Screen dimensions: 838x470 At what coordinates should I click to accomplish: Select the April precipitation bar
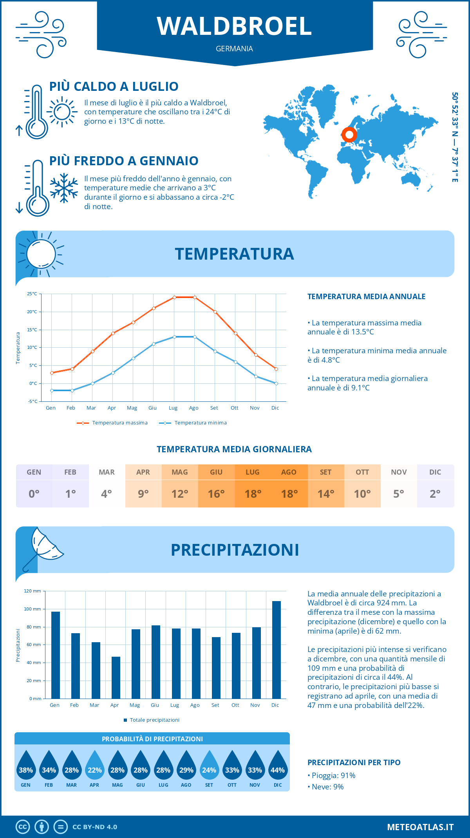[116, 678]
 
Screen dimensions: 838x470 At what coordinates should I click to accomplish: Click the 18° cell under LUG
[253, 494]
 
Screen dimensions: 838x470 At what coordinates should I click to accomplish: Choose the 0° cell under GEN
[34, 494]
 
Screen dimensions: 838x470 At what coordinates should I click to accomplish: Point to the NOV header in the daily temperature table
[399, 472]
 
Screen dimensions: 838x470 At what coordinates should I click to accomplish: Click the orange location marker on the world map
[349, 135]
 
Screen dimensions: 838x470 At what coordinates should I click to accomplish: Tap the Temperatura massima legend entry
[113, 423]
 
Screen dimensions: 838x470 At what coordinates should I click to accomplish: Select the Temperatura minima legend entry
[193, 423]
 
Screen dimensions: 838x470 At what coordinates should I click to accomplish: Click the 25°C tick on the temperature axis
[32, 294]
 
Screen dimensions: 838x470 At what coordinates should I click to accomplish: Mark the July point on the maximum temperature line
[174, 297]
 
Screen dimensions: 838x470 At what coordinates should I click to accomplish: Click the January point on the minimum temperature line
[52, 390]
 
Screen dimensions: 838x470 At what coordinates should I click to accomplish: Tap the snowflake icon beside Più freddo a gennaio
[64, 188]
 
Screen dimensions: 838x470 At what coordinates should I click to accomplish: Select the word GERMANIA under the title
[234, 49]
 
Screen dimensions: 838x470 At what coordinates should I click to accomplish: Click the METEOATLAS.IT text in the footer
[420, 827]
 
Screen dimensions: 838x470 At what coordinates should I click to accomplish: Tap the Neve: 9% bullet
[326, 787]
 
